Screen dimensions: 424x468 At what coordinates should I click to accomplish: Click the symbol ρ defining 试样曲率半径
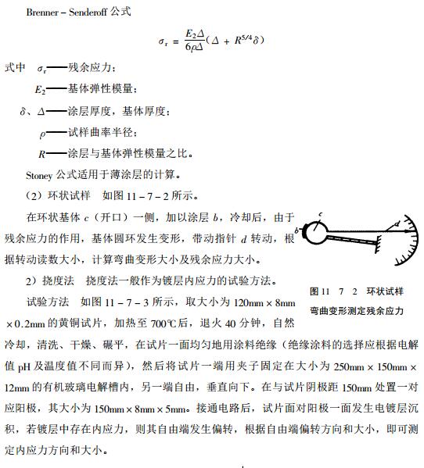click(x=41, y=133)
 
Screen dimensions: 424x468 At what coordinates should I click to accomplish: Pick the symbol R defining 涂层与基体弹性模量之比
click(x=41, y=153)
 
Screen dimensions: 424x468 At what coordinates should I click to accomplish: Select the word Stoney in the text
click(x=41, y=173)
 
